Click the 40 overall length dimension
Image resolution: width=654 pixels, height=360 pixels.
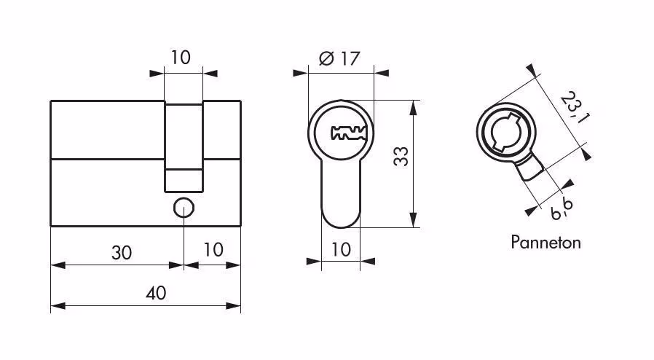tap(156, 293)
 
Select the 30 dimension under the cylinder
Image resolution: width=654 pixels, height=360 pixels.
tap(122, 253)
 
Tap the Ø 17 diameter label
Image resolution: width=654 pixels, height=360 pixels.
tap(339, 58)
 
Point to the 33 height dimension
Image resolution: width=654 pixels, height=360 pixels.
tap(401, 157)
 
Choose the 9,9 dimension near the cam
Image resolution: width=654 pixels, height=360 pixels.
tap(562, 209)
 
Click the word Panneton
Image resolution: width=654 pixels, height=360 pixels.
tap(545, 243)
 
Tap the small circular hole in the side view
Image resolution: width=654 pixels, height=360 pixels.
tap(184, 208)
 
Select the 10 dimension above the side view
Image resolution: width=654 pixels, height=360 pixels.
tap(180, 58)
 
